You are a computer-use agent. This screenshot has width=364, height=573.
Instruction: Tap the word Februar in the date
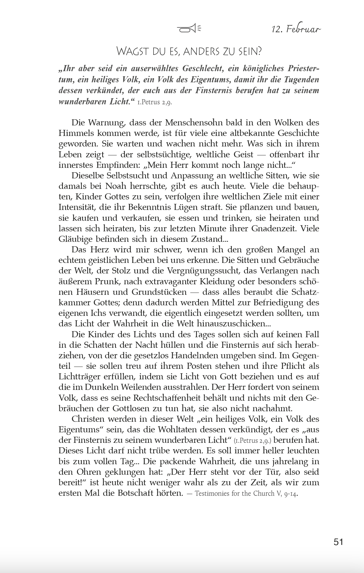(x=303, y=29)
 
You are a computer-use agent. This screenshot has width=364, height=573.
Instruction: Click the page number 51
(x=338, y=542)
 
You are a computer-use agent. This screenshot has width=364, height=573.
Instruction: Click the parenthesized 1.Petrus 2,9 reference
(x=252, y=441)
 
